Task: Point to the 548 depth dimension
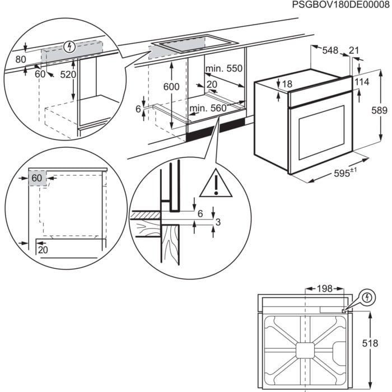pyautogui.click(x=330, y=50)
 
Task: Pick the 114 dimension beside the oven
pyautogui.click(x=361, y=82)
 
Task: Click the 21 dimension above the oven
pyautogui.click(x=353, y=50)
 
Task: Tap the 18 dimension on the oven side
pyautogui.click(x=287, y=84)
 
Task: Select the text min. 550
pyautogui.click(x=224, y=69)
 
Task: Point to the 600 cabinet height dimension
pyautogui.click(x=172, y=87)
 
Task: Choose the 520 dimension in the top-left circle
pyautogui.click(x=68, y=74)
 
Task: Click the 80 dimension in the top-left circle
pyautogui.click(x=21, y=58)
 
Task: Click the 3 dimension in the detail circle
pyautogui.click(x=218, y=222)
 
